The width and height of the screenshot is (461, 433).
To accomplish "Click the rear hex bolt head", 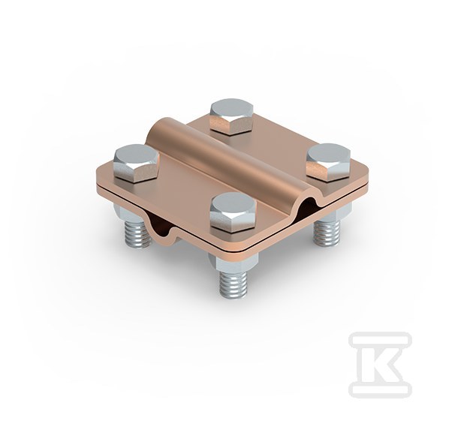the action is (232, 116).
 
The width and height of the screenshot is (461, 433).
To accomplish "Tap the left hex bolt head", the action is (137, 164).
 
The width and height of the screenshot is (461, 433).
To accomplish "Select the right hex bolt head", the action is (328, 161).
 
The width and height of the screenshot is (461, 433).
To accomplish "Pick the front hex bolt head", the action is (234, 212).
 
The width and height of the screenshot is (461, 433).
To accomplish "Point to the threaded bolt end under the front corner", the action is (233, 282).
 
